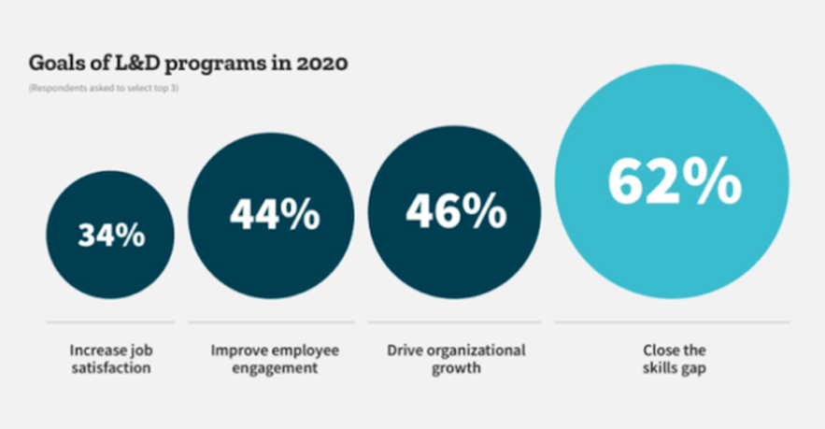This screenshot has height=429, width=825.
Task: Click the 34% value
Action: [x=111, y=235]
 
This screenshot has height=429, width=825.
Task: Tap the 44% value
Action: [x=274, y=214]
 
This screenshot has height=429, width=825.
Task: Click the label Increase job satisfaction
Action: [x=110, y=359]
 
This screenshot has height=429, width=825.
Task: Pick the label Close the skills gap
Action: [x=673, y=359]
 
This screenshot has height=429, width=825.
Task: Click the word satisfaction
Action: [x=110, y=368]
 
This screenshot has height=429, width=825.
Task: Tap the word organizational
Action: [x=481, y=350]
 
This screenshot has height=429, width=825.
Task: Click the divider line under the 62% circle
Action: [x=673, y=322]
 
